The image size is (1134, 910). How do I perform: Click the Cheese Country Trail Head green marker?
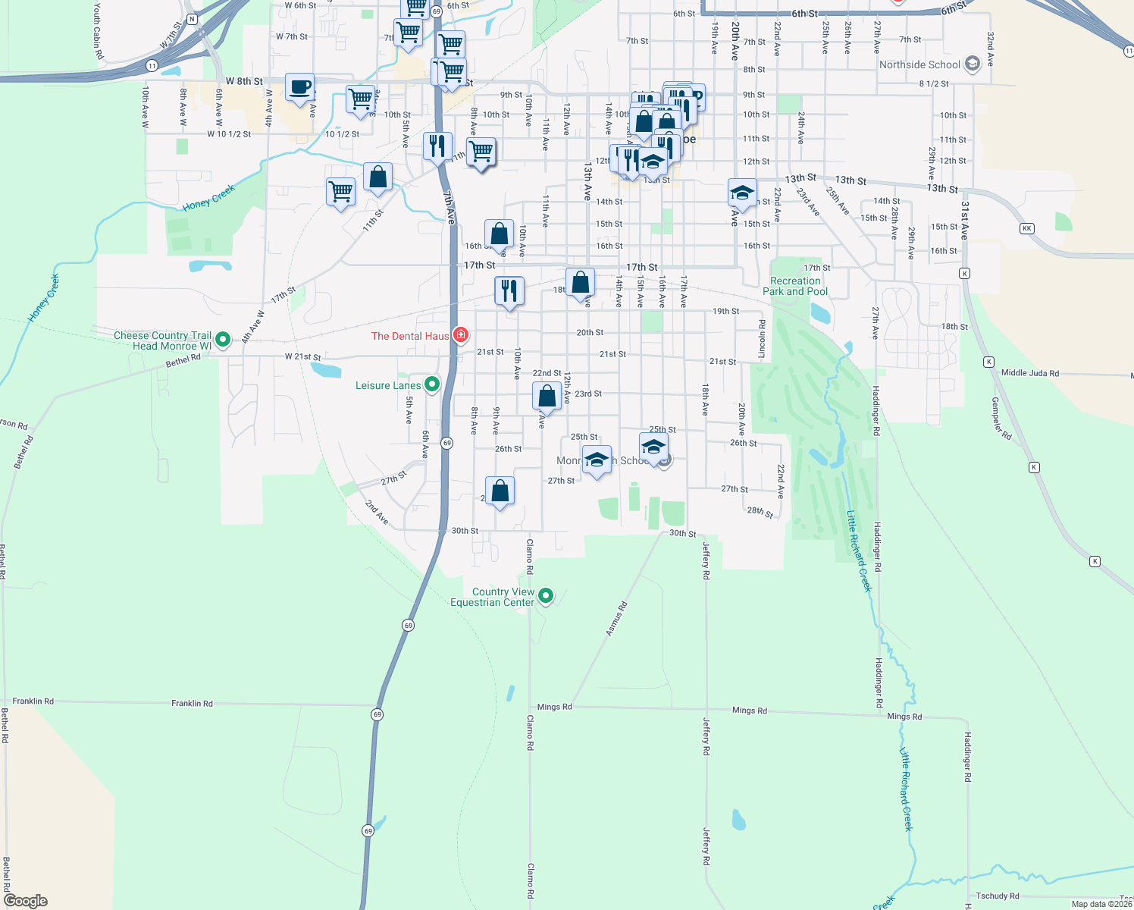pos(223,339)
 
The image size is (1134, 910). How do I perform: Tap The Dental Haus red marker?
pos(460,334)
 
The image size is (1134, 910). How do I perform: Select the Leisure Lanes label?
pos(388,386)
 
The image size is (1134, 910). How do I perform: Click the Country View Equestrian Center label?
pos(493,597)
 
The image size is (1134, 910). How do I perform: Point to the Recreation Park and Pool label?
pos(795,286)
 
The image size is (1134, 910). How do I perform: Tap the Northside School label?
pos(919,65)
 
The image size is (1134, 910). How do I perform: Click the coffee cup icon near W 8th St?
pos(299,87)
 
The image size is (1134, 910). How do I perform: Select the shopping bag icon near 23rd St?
pos(547,396)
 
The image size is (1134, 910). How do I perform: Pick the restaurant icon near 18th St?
pos(509,290)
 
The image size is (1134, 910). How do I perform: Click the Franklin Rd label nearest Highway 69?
pos(192,703)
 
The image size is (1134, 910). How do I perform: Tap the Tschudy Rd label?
pos(998,896)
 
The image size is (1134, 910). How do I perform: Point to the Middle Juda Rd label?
pos(1029,373)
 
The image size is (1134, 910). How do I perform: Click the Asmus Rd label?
pos(617,618)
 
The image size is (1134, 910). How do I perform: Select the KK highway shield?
pos(1027,228)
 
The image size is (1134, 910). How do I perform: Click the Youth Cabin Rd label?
pos(98,30)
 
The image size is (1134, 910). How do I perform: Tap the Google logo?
pos(26,901)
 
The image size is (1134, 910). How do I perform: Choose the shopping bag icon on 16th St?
pos(499,234)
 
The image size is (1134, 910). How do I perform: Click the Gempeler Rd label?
pos(1001,419)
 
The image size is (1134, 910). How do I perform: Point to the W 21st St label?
pos(302,356)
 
